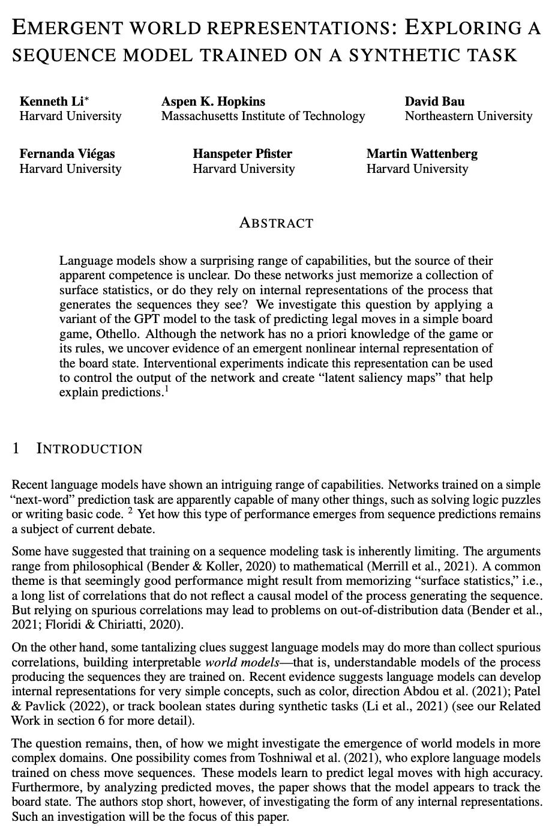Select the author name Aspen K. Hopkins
point(213,101)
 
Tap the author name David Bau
point(434,101)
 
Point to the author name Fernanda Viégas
point(67,154)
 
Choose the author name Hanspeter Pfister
point(242,154)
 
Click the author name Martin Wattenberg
point(422,154)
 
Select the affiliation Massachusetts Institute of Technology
point(263,116)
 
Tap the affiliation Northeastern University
point(468,116)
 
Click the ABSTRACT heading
point(276,223)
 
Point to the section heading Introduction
point(89,449)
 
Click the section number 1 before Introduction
point(16,449)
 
